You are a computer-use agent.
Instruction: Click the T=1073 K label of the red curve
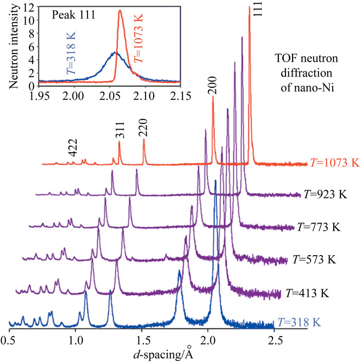(333, 162)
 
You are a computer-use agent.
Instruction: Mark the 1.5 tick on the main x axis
(142, 339)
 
